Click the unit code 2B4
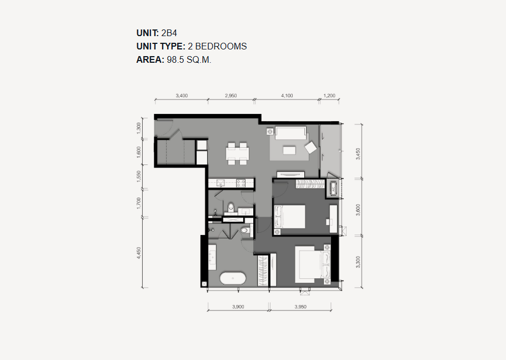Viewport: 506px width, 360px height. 169,33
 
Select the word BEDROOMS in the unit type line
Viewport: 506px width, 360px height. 221,47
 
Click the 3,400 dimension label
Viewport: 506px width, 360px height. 182,96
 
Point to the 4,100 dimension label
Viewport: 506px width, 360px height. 287,96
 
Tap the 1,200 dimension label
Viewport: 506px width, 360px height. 329,96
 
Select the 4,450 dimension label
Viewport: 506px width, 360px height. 139,253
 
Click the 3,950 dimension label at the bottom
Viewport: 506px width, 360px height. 300,307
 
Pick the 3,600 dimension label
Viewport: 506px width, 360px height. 358,210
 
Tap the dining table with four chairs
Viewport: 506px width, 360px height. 238,153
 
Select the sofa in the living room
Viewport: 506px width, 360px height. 290,133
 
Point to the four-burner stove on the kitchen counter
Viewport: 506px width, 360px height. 241,183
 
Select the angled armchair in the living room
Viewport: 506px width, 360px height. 311,148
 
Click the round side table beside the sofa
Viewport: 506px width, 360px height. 270,132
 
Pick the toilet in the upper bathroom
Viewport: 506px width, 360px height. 231,208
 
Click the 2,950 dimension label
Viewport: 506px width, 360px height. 231,96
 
